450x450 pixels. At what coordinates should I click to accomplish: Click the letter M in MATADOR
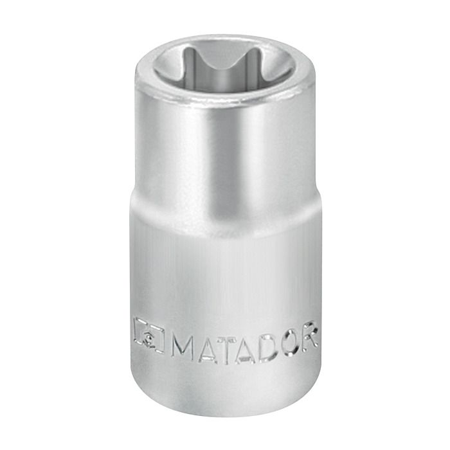tap(183, 349)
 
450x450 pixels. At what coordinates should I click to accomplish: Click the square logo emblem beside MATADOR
tap(148, 335)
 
